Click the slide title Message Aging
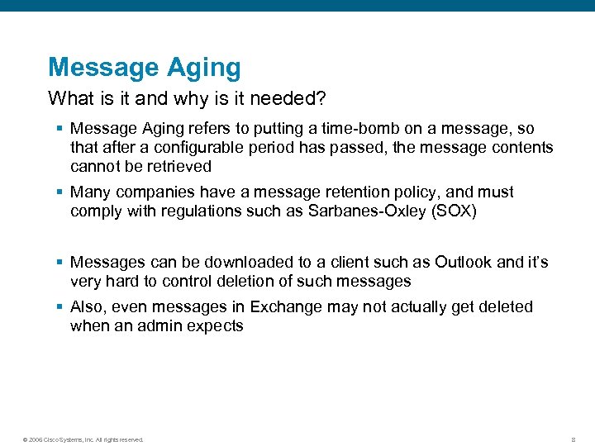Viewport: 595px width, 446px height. (145, 67)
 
